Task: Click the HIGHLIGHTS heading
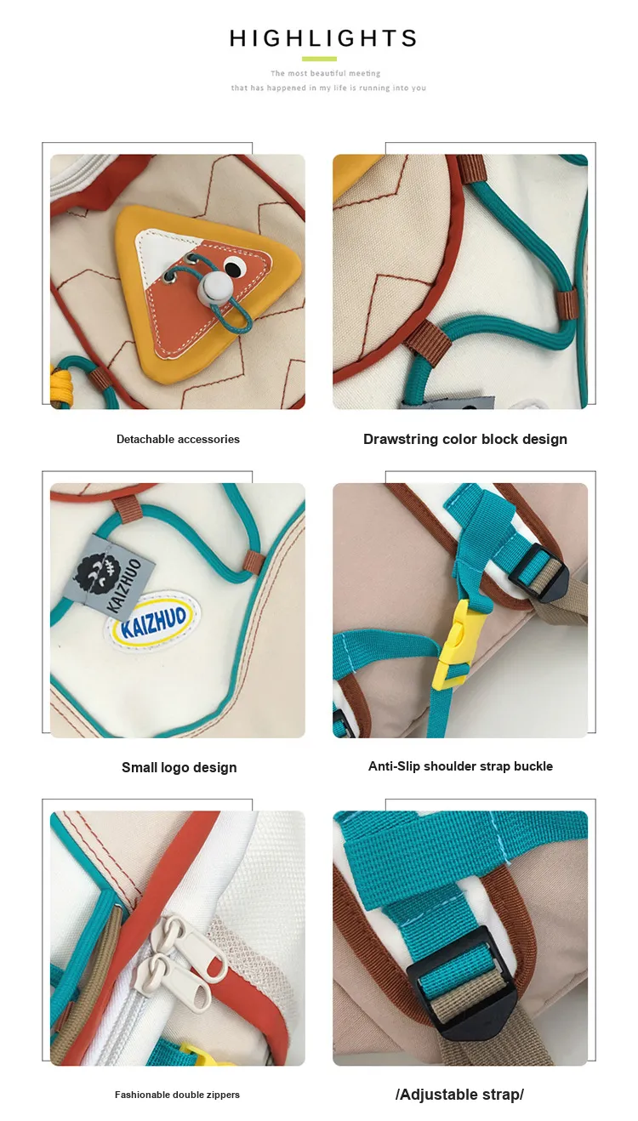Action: click(323, 38)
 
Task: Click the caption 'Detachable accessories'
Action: click(178, 440)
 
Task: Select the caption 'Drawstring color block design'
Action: click(465, 440)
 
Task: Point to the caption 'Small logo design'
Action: click(179, 768)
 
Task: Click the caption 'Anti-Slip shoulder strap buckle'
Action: click(461, 766)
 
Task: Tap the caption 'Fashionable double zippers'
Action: click(177, 1095)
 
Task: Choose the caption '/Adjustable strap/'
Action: click(460, 1095)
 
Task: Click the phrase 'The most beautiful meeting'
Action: click(326, 73)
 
